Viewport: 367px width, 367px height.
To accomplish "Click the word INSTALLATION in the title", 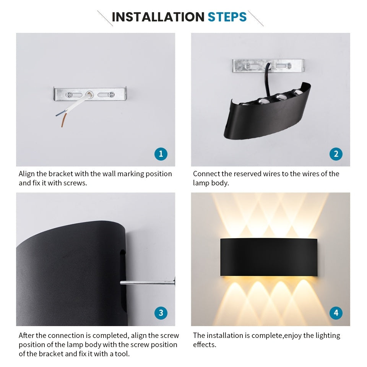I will pos(158,17).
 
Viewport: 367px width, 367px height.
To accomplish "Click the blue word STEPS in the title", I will pos(227,17).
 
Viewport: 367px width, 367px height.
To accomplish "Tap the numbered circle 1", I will pos(161,154).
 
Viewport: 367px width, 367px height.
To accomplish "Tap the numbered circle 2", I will pos(336,154).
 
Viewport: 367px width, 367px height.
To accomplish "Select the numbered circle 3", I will pos(161,313).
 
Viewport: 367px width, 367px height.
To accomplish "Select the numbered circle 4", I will pos(336,313).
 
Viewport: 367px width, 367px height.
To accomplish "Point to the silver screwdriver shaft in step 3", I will pos(145,283).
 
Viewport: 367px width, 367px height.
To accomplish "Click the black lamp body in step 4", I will pos(268,257).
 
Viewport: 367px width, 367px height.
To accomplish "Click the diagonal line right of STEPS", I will pos(256,18).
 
